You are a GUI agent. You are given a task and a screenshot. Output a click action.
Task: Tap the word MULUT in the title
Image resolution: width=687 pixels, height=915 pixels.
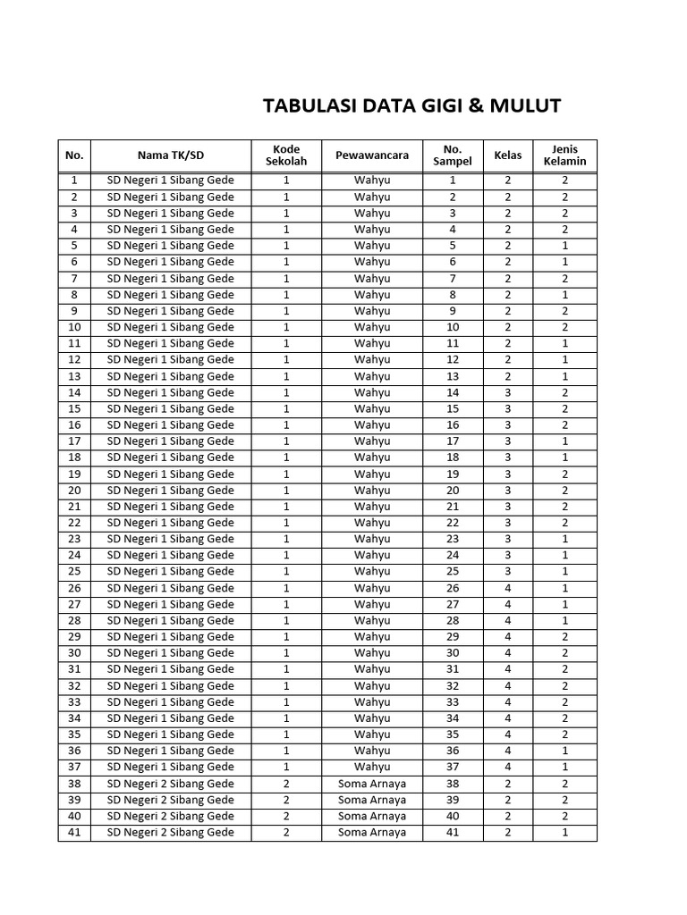[526, 106]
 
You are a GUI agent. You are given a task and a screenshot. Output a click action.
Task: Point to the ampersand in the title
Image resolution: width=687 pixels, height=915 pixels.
[474, 106]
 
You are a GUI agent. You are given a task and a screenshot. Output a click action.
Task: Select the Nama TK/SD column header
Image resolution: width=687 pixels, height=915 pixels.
[170, 155]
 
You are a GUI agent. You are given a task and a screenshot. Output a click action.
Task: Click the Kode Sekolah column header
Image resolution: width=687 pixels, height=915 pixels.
[286, 155]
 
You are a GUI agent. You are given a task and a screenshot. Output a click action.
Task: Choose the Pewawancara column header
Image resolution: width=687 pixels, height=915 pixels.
[372, 155]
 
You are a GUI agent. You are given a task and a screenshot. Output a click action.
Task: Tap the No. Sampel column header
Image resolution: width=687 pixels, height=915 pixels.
[453, 155]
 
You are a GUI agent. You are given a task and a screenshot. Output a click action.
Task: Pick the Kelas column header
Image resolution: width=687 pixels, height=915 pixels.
[508, 155]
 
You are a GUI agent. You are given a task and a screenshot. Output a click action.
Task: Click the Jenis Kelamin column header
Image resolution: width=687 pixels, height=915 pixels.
[564, 155]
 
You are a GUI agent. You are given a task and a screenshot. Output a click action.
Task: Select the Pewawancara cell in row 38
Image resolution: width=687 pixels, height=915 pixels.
[372, 784]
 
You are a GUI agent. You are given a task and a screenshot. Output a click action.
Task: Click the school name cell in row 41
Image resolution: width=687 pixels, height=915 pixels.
[170, 832]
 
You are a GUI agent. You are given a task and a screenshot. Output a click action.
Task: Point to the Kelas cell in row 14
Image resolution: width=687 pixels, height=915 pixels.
[508, 392]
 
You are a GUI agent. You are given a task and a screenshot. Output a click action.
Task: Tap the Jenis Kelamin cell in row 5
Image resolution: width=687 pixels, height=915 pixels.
[564, 246]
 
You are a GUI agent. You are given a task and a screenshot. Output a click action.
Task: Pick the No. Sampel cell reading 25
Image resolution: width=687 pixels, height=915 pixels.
[453, 571]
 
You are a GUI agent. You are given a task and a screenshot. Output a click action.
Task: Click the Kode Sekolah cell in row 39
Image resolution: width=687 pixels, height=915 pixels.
[286, 800]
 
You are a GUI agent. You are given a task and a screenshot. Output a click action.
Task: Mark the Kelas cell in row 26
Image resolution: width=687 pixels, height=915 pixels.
[508, 588]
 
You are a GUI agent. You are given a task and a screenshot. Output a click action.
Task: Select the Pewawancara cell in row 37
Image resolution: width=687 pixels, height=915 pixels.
[372, 767]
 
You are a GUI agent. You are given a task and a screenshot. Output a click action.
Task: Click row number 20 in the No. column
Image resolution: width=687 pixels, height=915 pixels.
[74, 490]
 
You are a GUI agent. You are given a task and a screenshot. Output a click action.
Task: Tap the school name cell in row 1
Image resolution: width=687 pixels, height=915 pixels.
[170, 180]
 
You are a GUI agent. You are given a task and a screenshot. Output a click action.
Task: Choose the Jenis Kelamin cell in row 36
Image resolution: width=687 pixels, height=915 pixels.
[564, 751]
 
